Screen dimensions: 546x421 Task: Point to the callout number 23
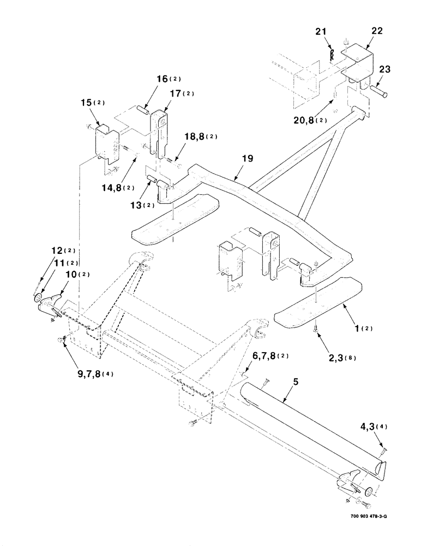384,69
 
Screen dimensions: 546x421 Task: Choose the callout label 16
147,79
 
